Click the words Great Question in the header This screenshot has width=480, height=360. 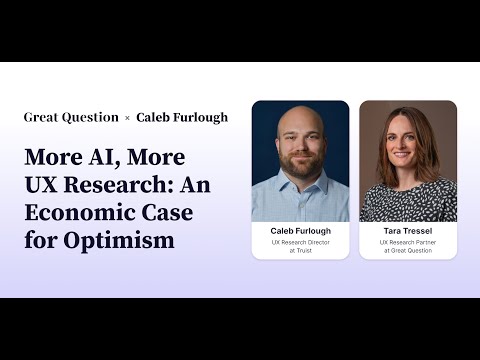69,117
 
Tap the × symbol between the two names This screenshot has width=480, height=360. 127,118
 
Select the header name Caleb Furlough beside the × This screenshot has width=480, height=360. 182,117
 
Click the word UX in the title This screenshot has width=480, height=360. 41,185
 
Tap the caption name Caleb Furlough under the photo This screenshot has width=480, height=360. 300,230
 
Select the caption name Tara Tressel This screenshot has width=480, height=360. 408,230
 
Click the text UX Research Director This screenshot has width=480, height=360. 300,242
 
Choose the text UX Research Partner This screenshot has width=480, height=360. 408,242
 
